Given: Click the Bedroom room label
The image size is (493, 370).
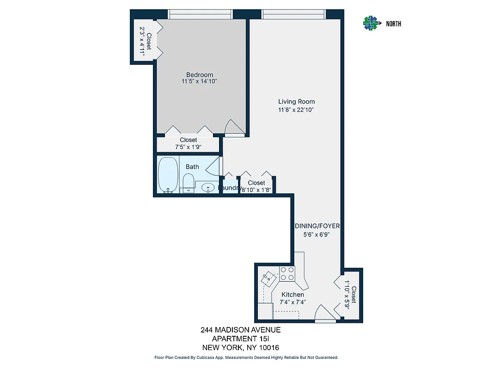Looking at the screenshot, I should tap(200, 75).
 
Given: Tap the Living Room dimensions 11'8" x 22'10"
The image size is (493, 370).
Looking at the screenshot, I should tap(296, 110).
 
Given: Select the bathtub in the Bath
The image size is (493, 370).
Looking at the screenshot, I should tap(168, 174).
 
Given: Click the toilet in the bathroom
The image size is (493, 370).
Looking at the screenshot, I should tap(188, 183).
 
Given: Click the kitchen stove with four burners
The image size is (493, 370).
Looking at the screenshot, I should tap(287, 274).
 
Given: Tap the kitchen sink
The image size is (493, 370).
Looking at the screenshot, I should tap(268, 279).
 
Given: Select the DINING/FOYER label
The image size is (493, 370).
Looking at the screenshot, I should tap(317, 226).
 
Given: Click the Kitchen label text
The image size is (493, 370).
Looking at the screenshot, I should tap(293, 295).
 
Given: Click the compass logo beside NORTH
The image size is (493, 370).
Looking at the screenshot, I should tap(371, 23).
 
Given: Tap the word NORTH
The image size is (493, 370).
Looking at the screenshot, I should tap(394, 24).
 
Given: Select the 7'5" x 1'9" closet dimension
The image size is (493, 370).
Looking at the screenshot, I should tap(188, 147).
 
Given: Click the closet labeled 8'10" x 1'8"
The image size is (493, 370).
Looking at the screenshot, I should tap(256, 186).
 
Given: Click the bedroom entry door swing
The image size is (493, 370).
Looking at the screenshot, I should tap(234, 127).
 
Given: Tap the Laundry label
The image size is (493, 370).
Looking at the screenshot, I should tap(230, 188).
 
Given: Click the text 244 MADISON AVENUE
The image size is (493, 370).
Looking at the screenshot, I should tap(240, 330).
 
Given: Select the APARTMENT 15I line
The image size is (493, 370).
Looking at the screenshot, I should tap(240, 339).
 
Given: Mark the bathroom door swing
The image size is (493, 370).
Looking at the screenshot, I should tap(214, 165).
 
